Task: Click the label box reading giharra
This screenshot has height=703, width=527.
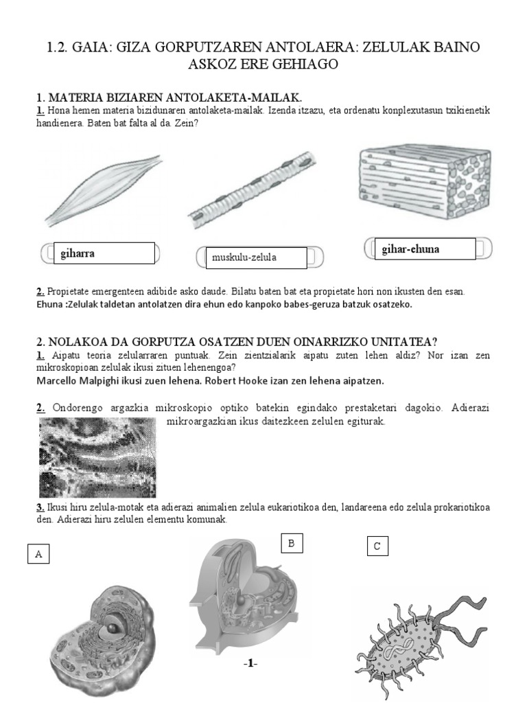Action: (102, 253)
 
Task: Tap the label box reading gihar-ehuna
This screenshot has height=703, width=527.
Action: (420, 249)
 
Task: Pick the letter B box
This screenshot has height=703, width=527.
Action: (291, 544)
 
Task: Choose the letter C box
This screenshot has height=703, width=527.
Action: (377, 546)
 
